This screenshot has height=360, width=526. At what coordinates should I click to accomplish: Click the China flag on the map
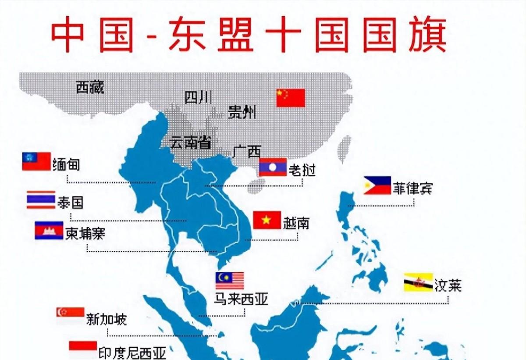[x=290, y=98]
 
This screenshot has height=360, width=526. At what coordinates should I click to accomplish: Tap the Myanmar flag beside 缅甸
[x=36, y=161]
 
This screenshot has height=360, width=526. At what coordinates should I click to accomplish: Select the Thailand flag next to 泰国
[x=41, y=200]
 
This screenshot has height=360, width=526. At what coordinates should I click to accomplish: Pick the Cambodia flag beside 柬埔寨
[x=49, y=230]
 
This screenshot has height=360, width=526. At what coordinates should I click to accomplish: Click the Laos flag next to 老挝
[x=272, y=167]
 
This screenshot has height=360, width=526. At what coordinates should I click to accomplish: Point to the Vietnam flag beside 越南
[x=267, y=220]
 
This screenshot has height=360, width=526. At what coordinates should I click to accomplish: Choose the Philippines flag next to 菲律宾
[x=377, y=185]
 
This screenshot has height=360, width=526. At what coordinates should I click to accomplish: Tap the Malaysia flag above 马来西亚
[x=229, y=281]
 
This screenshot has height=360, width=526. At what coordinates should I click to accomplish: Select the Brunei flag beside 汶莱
[x=418, y=282]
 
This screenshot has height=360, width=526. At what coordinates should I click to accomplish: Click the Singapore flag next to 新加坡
[x=70, y=315]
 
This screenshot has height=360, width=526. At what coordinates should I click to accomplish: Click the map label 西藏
[x=90, y=88]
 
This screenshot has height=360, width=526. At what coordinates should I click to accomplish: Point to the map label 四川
[x=198, y=97]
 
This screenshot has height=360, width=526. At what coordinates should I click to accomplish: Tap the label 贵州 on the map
[x=242, y=113]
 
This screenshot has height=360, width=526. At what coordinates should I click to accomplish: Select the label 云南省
[x=190, y=143]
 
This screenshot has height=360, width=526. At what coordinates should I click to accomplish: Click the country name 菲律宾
[x=412, y=188]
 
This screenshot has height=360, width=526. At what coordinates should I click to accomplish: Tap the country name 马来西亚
[x=241, y=299]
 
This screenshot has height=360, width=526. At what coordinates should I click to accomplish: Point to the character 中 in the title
[x=69, y=35]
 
